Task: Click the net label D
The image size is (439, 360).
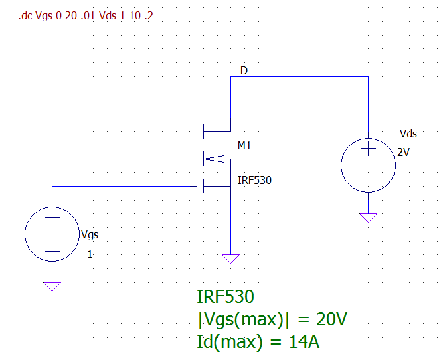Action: [x=244, y=70]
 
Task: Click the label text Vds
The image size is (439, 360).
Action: [x=407, y=134]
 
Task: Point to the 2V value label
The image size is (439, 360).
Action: [x=404, y=152]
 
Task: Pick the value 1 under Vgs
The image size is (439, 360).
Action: [x=90, y=253]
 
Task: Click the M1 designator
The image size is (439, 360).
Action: [x=244, y=145]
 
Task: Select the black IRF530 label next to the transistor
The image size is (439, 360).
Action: [x=254, y=180]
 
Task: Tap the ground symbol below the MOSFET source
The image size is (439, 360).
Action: [x=230, y=258]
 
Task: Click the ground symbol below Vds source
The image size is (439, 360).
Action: [x=368, y=217]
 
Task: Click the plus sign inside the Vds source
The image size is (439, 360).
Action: [x=368, y=150]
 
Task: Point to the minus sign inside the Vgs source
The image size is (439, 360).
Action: [x=52, y=252]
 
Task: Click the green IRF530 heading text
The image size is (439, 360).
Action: [x=225, y=297]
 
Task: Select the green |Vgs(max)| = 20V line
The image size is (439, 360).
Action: [x=272, y=319]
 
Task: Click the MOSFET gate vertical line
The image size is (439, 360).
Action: [x=197, y=158]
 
